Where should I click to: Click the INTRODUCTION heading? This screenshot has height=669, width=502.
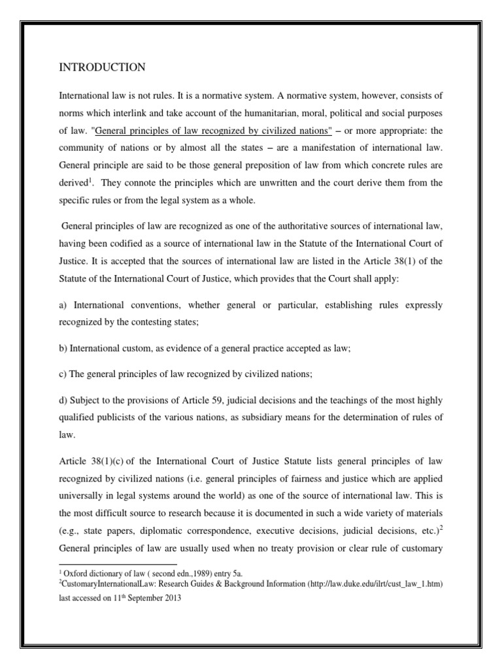(x=102, y=67)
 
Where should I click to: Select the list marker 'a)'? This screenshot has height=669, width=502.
(x=63, y=305)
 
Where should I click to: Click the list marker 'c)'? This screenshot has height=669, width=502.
(x=63, y=374)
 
